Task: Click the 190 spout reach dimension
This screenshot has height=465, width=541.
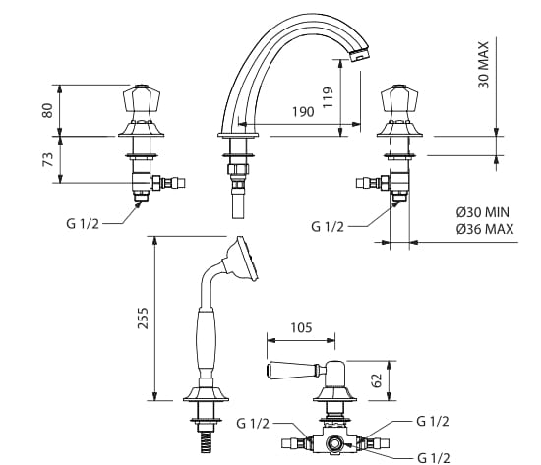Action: pyautogui.click(x=303, y=112)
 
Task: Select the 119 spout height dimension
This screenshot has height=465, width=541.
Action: pyautogui.click(x=328, y=97)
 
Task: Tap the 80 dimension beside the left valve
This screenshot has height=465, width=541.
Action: pyautogui.click(x=47, y=110)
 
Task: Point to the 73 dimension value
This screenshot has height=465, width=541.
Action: pyautogui.click(x=47, y=159)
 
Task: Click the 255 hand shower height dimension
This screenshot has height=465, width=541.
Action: pyautogui.click(x=143, y=319)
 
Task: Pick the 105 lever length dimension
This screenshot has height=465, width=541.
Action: pyautogui.click(x=301, y=327)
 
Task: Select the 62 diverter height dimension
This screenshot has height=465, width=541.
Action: pyautogui.click(x=378, y=380)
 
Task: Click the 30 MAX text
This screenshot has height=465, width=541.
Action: pyautogui.click(x=484, y=65)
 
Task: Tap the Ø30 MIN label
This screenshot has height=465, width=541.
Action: pyautogui.click(x=483, y=212)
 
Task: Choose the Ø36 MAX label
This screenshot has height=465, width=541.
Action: pyautogui.click(x=485, y=229)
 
